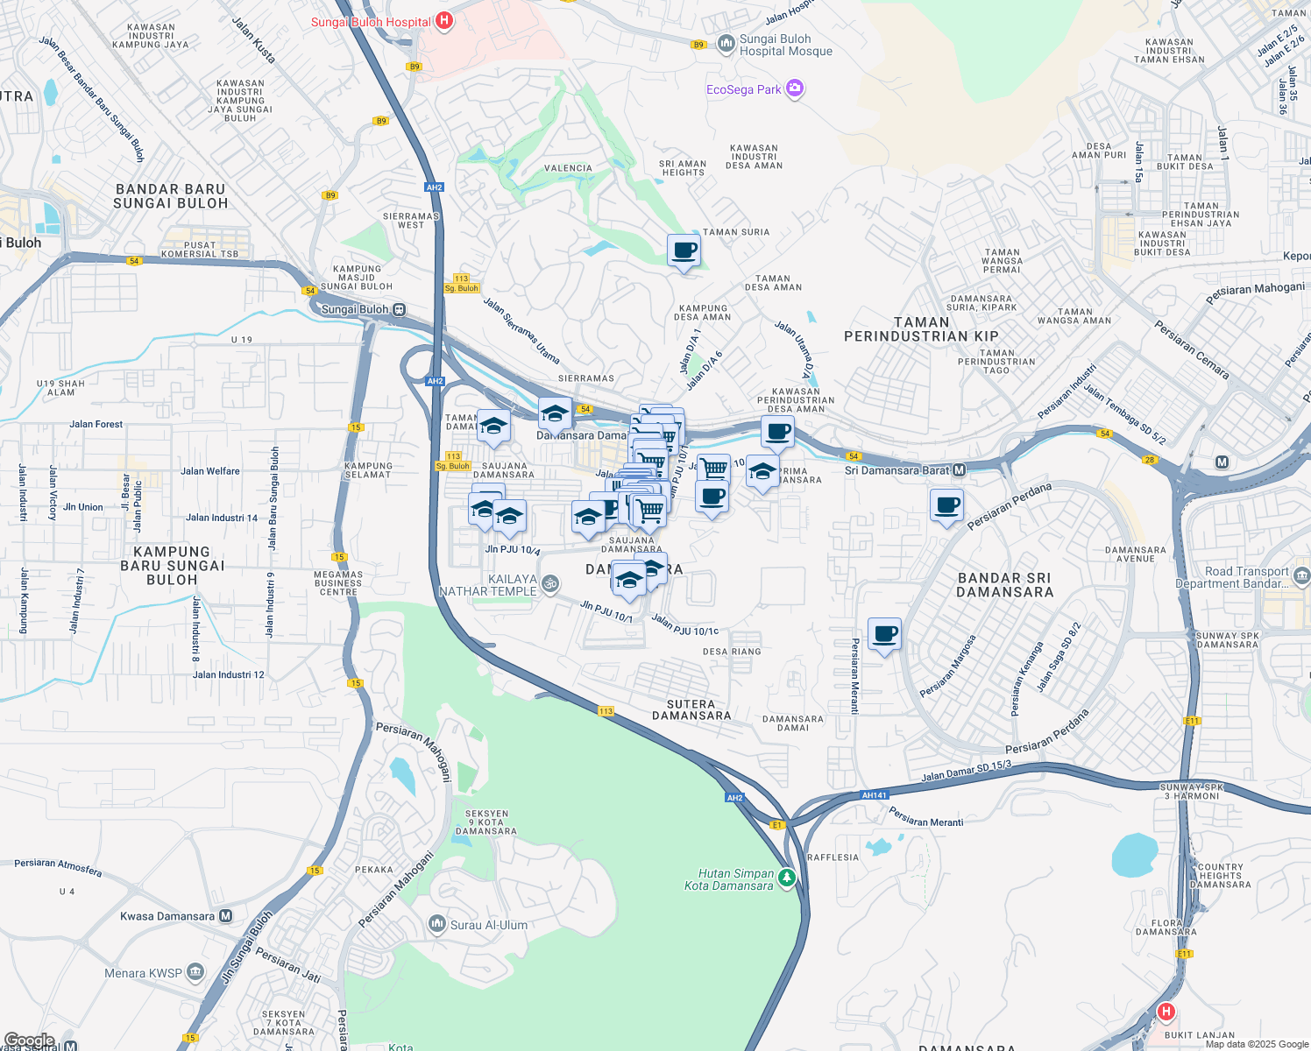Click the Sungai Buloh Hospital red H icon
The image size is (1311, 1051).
pyautogui.click(x=444, y=21)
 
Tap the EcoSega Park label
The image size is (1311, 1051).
pyautogui.click(x=743, y=89)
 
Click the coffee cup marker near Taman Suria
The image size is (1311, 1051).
pyautogui.click(x=684, y=251)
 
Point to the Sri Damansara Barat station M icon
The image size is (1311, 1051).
pyautogui.click(x=959, y=470)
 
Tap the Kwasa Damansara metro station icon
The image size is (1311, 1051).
pyautogui.click(x=226, y=916)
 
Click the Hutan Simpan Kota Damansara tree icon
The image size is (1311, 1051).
pyautogui.click(x=787, y=877)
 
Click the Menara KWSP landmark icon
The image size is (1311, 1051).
pyautogui.click(x=195, y=972)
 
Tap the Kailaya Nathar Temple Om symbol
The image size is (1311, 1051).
pyautogui.click(x=550, y=583)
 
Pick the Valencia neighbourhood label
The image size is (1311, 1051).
pyautogui.click(x=568, y=168)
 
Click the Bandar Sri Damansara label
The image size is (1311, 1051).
pyautogui.click(x=1004, y=585)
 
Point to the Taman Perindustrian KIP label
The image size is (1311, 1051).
pyautogui.click(x=921, y=329)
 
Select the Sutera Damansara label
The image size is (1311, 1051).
pyautogui.click(x=691, y=709)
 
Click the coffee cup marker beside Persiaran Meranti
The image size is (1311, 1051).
pyautogui.click(x=884, y=634)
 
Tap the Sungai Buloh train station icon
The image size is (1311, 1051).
pyautogui.click(x=399, y=309)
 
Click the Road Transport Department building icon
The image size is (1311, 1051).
pyautogui.click(x=1301, y=575)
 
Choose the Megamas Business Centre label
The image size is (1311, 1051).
pyautogui.click(x=338, y=583)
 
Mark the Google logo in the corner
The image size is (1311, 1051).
pyautogui.click(x=29, y=1040)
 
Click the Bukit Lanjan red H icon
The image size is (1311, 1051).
pyautogui.click(x=1166, y=1012)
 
